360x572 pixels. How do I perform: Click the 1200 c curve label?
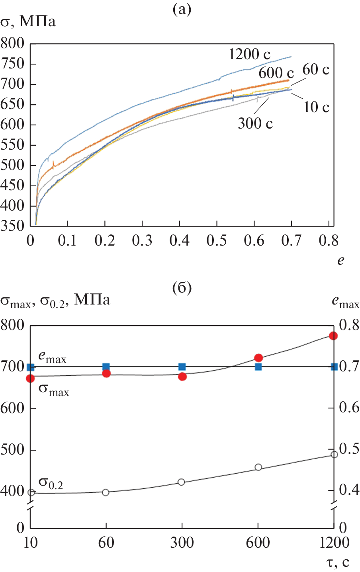[x=249, y=54]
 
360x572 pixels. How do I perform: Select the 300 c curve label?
[x=255, y=123]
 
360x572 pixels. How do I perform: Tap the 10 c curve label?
[x=317, y=107]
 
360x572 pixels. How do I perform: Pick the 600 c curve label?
[x=276, y=73]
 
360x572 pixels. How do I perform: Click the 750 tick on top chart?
[x=12, y=64]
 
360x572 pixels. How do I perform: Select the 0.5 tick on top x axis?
[x=217, y=240]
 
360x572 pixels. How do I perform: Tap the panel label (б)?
[x=182, y=287]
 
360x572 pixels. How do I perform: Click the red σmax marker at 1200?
[x=333, y=336]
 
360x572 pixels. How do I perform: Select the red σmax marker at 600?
[x=258, y=358]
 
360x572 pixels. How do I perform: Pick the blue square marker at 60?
[x=106, y=367]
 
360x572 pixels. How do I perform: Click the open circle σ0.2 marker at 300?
[x=182, y=482]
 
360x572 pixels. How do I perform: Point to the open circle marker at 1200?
[x=334, y=455]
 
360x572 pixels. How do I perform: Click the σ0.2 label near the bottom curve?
[x=51, y=483]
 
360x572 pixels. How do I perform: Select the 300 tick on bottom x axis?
[x=182, y=543]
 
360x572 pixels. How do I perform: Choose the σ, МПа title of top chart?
[x=28, y=21]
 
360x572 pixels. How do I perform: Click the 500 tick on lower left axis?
[x=12, y=450]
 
